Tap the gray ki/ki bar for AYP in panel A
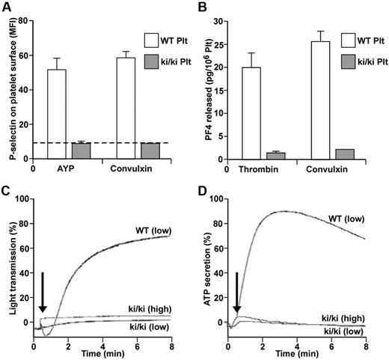80,150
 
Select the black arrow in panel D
238,293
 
